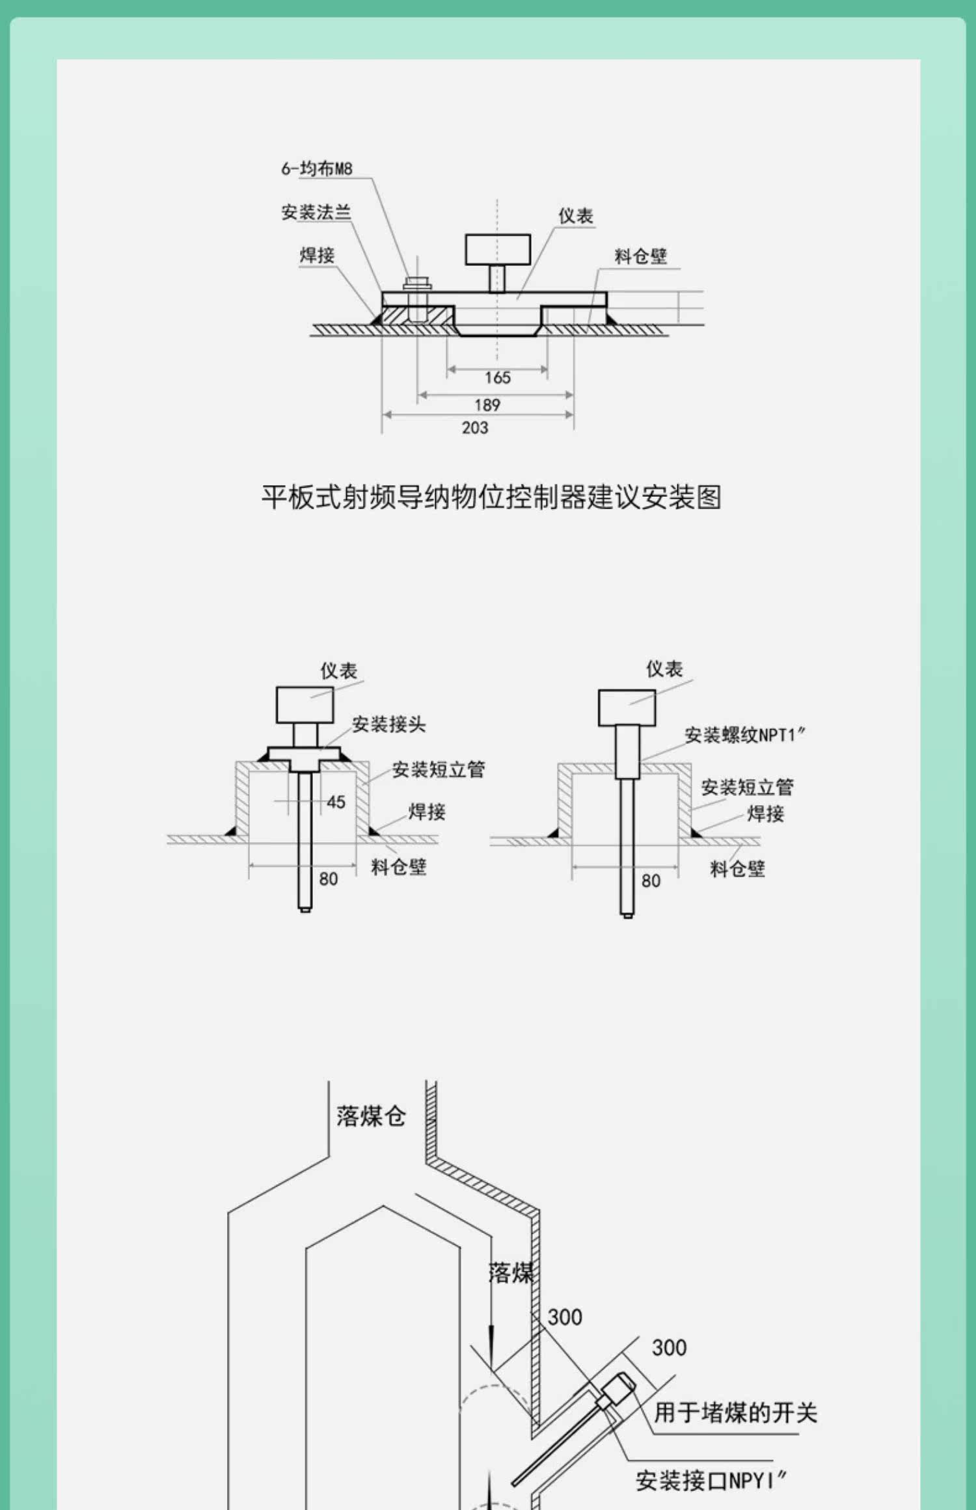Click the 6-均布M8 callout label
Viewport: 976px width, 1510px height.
point(317,168)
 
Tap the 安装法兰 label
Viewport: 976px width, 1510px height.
point(316,212)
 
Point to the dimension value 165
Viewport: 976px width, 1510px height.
point(498,378)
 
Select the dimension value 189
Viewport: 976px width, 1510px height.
point(487,405)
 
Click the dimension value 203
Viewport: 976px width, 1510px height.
point(475,428)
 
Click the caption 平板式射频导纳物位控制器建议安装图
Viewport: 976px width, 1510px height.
point(492,497)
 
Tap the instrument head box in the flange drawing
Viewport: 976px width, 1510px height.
point(498,250)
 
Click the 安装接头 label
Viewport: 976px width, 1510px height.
point(389,724)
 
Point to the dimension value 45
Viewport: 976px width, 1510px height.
point(336,802)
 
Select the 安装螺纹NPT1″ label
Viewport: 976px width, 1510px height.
point(745,735)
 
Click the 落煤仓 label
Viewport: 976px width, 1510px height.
point(371,1116)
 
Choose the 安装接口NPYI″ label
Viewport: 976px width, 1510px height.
point(711,1481)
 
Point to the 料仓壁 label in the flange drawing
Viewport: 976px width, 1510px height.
point(641,256)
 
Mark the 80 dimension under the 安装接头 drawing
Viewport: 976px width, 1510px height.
point(329,879)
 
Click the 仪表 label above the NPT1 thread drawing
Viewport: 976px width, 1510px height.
point(664,669)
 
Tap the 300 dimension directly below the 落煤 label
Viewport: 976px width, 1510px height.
point(565,1318)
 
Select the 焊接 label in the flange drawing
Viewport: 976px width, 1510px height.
point(317,255)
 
